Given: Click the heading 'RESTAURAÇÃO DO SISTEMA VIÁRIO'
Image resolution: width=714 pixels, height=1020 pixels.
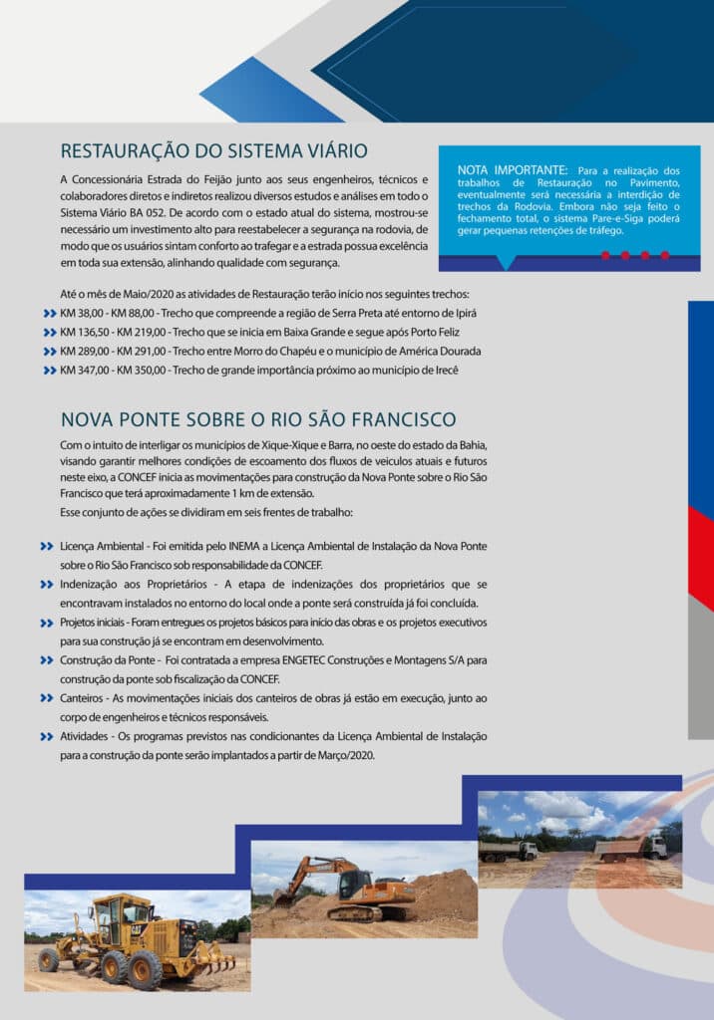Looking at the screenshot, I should [x=214, y=151].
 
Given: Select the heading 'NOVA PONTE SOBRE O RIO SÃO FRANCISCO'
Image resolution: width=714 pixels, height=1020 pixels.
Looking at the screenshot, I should [x=258, y=419].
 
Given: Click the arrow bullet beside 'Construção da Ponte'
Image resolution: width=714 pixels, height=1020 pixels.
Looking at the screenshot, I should [x=47, y=660].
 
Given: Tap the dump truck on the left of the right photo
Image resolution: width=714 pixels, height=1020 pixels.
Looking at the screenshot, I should [x=507, y=850].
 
